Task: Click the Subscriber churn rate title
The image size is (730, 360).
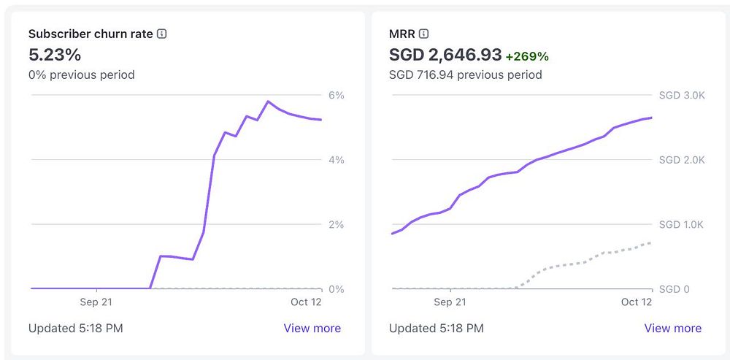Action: click(91, 34)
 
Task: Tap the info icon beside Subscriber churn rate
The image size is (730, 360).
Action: click(162, 34)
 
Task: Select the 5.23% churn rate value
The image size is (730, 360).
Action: click(55, 55)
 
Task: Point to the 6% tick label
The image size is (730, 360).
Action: click(336, 95)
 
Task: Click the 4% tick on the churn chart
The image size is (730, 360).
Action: click(336, 160)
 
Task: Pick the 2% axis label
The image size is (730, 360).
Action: click(336, 224)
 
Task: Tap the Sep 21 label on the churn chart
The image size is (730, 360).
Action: click(95, 302)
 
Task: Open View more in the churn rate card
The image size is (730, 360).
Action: click(312, 328)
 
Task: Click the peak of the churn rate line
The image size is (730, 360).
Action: click(268, 102)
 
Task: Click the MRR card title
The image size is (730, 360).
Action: click(402, 34)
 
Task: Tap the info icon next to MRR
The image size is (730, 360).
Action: click(424, 34)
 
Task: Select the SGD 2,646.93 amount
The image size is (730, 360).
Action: click(445, 55)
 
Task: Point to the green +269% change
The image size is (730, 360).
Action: click(527, 56)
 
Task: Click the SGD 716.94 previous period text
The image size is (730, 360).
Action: click(466, 74)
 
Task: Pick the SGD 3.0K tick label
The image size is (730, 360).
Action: click(683, 95)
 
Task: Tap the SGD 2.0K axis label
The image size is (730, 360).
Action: click(683, 160)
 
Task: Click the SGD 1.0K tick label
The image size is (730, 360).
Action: click(683, 224)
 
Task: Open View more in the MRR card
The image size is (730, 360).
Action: click(672, 328)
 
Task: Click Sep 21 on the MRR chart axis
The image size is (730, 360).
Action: click(450, 302)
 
